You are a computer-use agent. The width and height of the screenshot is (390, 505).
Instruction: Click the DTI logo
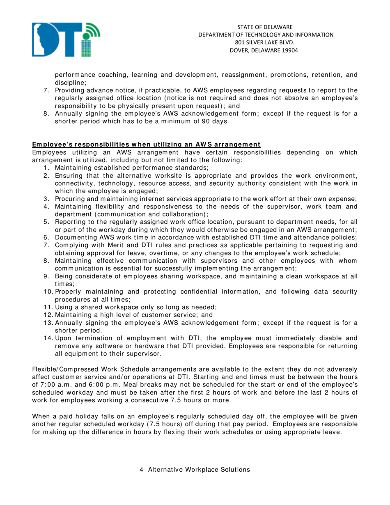click(x=66, y=39)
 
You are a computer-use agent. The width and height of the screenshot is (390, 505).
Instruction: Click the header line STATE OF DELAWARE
click(x=266, y=27)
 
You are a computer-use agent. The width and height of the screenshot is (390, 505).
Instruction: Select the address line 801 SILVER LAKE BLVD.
click(x=266, y=42)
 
